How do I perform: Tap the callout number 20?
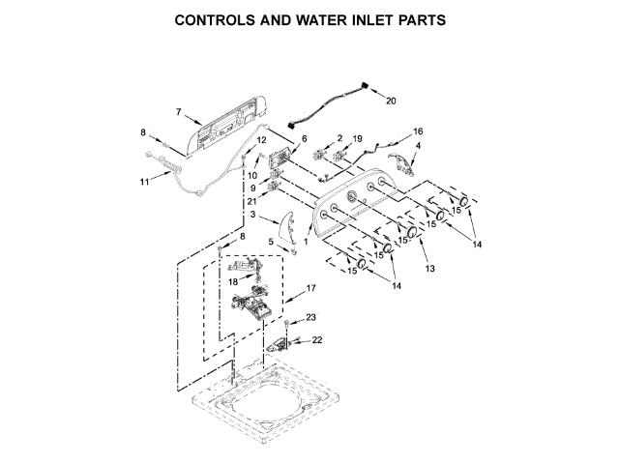(391, 101)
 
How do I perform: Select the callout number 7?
(178, 112)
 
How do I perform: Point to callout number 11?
(144, 181)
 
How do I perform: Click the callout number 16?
(418, 130)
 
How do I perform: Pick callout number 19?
(357, 139)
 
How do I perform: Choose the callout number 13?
(431, 267)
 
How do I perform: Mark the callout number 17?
(311, 288)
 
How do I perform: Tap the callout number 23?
(311, 317)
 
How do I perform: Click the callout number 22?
(316, 339)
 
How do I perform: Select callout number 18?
(220, 281)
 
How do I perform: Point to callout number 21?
(251, 200)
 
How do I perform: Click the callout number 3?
(252, 215)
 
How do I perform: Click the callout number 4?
(418, 146)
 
